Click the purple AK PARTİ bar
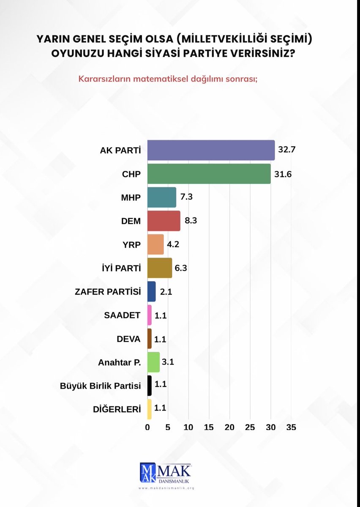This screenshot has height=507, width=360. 211,150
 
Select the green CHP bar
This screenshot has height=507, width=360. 209,174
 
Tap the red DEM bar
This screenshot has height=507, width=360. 164,221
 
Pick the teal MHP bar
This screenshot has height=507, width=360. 161,197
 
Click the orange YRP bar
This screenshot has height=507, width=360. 155,244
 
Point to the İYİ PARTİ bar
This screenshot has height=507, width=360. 160,268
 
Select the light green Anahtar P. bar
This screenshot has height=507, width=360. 153,362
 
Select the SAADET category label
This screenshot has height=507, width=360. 123,315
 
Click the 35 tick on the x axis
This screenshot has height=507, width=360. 291,427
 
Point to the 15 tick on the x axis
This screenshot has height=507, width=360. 209,427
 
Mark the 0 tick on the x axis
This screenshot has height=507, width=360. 147,427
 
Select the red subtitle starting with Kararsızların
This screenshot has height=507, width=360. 168,79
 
